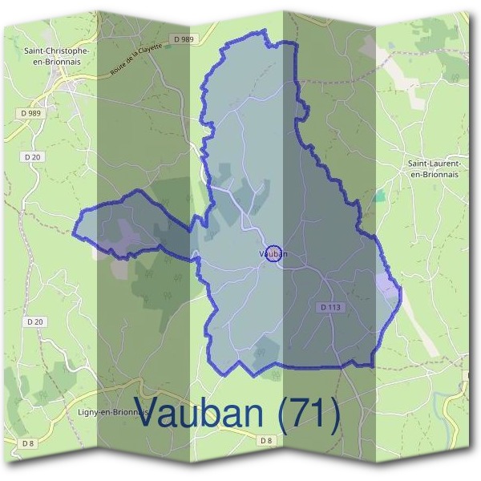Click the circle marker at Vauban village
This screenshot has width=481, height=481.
pos(273,253)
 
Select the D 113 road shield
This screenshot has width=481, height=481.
pos(330,307)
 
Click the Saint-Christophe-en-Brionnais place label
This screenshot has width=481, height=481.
pos(56,55)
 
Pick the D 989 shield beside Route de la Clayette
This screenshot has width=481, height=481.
pos(183,38)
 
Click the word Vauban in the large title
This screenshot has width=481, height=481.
pos(199,412)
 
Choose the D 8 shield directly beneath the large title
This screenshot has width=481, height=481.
pos(267,441)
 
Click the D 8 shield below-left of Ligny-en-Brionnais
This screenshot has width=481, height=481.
pos(30,443)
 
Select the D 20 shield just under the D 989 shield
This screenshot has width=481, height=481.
pos(33,157)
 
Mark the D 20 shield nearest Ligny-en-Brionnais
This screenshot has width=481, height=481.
pos(33,322)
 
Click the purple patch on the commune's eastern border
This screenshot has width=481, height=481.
pos(387,285)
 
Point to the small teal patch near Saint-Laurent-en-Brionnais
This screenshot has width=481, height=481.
pos(378,195)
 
